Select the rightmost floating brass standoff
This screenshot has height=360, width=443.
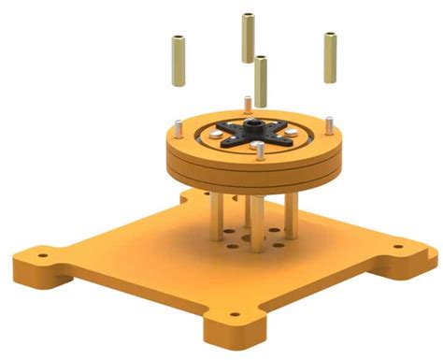tap(331, 58)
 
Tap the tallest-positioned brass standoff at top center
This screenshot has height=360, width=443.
tap(249, 37)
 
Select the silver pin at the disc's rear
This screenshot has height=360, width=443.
tap(246, 103)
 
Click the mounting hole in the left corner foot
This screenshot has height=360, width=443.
tap(41, 252)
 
